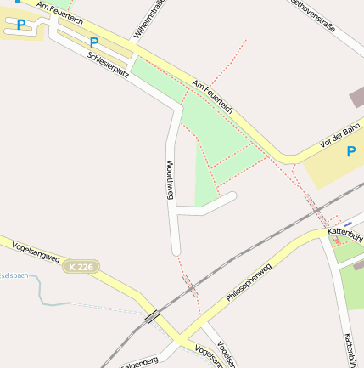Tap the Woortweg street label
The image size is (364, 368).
pyautogui.click(x=170, y=179)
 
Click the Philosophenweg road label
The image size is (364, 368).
pyautogui.click(x=248, y=284)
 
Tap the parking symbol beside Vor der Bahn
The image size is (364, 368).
pyautogui.click(x=351, y=152)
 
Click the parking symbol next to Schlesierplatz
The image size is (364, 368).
pyautogui.click(x=94, y=42)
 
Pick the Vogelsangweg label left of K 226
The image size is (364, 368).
pyautogui.click(x=36, y=257)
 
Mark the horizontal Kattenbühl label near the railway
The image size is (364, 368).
pyautogui.click(x=344, y=233)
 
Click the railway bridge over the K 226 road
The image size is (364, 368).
pyautogui.click(x=154, y=317)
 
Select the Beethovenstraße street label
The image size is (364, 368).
pyautogui.click(x=311, y=14)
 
